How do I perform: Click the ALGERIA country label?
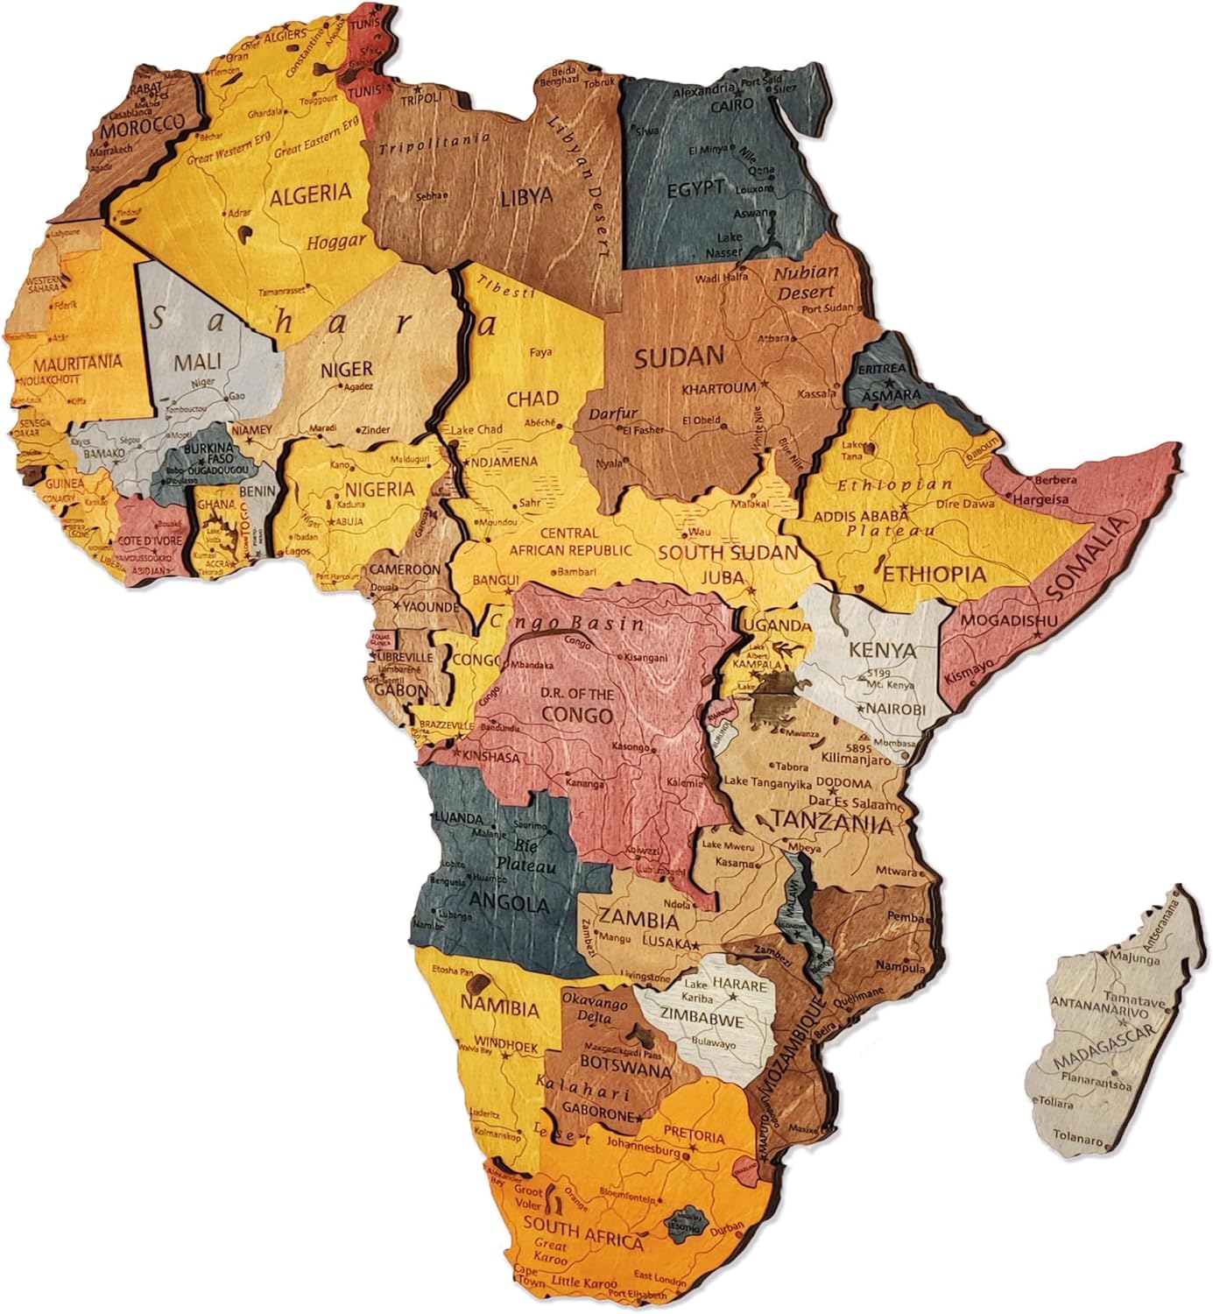[x=310, y=194]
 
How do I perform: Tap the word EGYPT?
[x=695, y=187]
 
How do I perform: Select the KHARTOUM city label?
[x=718, y=387]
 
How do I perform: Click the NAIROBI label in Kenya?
[x=895, y=709]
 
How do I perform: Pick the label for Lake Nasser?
[x=730, y=244]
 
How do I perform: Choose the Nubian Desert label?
[x=806, y=282]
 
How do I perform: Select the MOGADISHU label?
[x=998, y=620]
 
